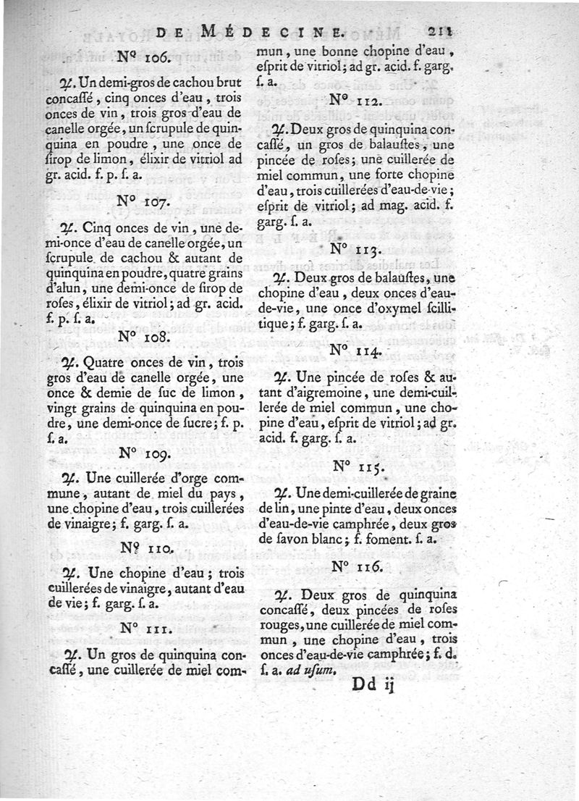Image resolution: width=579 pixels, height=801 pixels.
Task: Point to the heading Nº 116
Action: coord(360,567)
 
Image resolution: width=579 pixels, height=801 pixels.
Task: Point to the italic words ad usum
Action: coord(314,670)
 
